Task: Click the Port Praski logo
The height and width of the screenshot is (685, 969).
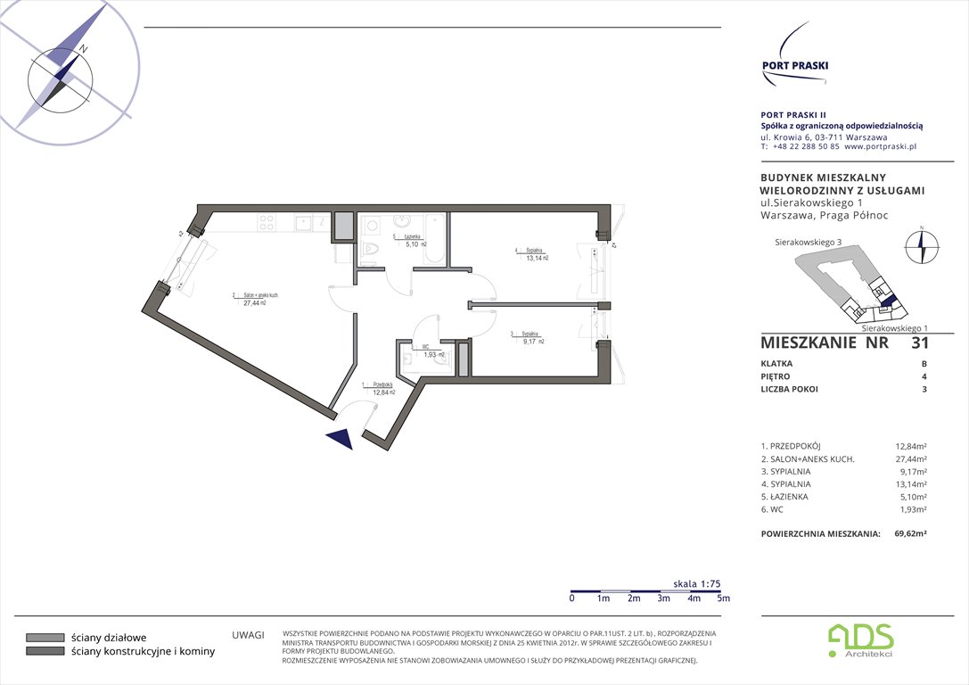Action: (794, 59)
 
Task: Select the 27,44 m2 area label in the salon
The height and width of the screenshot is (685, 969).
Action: (255, 303)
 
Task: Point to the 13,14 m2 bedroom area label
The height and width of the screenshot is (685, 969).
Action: (537, 259)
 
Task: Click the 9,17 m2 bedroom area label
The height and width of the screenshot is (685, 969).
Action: (534, 342)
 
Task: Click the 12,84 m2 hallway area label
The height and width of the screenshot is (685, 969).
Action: (384, 392)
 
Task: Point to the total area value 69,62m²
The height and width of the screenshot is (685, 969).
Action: (910, 533)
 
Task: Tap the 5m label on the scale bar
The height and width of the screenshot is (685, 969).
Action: (723, 598)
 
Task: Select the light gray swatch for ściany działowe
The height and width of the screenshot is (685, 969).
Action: (45, 638)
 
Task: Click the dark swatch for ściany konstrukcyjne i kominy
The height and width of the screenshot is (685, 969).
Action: (45, 651)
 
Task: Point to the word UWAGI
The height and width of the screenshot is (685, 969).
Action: (248, 635)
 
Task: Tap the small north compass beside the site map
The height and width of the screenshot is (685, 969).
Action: (922, 246)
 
